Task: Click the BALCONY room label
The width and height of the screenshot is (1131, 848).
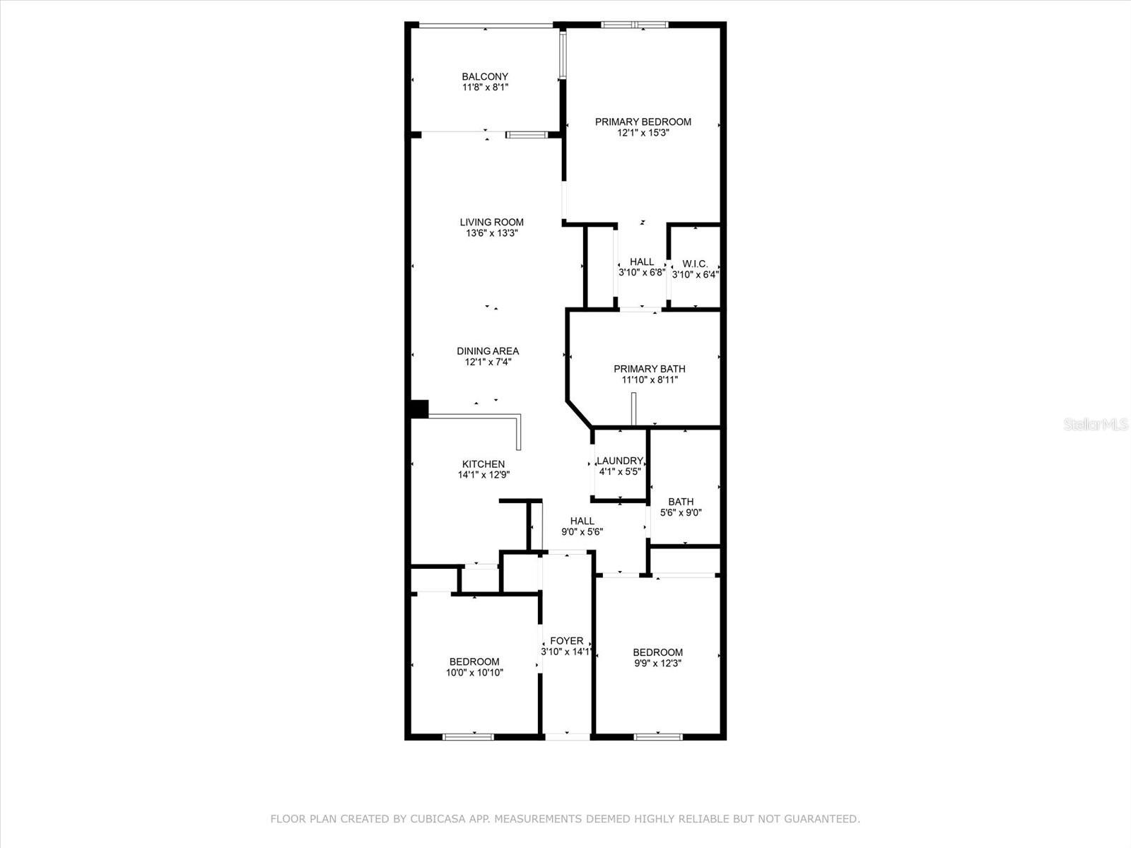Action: coord(485,76)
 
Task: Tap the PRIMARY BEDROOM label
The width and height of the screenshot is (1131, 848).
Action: coord(643,122)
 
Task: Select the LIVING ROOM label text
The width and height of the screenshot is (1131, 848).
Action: coord(491,222)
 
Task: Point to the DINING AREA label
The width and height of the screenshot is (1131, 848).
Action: coord(488,351)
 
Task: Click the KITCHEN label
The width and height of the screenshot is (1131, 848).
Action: coord(484,464)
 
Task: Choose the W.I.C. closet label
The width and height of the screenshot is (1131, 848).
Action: coord(695,264)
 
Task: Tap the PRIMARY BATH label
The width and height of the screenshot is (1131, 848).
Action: coord(649,368)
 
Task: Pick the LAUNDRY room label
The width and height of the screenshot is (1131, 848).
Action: coord(620,461)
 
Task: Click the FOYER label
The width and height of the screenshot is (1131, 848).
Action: coord(566,641)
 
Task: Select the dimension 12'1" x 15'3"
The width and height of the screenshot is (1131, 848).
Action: coord(643,133)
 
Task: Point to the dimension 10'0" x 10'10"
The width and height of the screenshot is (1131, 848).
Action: coord(474,673)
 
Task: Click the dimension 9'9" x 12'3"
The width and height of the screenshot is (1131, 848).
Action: coord(657,664)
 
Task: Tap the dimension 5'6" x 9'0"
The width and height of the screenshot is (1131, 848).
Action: coord(681,513)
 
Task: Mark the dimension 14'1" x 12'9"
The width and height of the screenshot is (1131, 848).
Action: coord(484,475)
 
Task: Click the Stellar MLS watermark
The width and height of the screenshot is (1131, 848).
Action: coord(1095,424)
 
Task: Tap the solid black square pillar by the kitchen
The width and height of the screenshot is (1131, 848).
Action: coord(419,409)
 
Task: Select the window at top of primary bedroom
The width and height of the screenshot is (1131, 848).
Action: coord(634,25)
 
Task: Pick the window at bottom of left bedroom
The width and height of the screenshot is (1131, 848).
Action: coord(468,736)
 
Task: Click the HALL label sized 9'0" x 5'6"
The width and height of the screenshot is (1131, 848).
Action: coord(582,521)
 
